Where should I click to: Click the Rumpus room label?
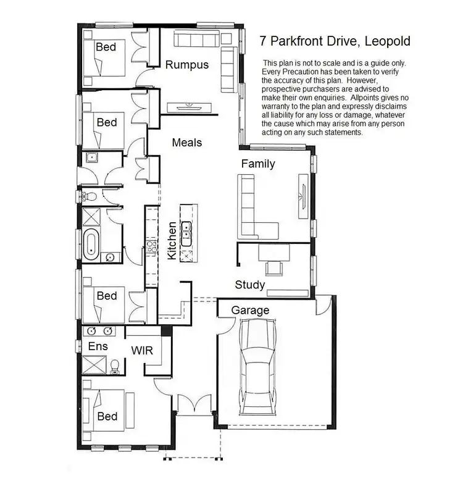pos(186,65)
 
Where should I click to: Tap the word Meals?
pos(187,143)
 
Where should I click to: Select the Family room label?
pos(258,164)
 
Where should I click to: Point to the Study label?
pos(250,285)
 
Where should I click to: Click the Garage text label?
pos(250,310)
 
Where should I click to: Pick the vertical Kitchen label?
pos(172,241)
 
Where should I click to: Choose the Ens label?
pos(98,346)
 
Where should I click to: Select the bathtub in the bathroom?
pos(91,243)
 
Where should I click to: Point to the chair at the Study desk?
pos(273,267)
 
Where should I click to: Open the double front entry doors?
pos(194,404)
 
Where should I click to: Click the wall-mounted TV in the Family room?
pos(302,188)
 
